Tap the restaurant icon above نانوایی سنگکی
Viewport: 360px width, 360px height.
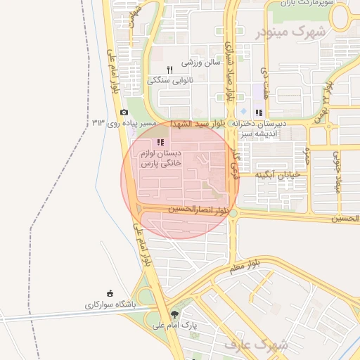tap(169, 70)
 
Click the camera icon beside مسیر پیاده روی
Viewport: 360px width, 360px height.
tap(124, 112)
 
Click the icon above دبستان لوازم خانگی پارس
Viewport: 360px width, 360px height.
tap(160, 141)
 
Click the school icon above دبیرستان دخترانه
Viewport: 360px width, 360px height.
tap(259, 112)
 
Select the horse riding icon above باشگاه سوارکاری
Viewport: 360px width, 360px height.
tap(110, 293)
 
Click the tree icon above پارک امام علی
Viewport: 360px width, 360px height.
tap(174, 314)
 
